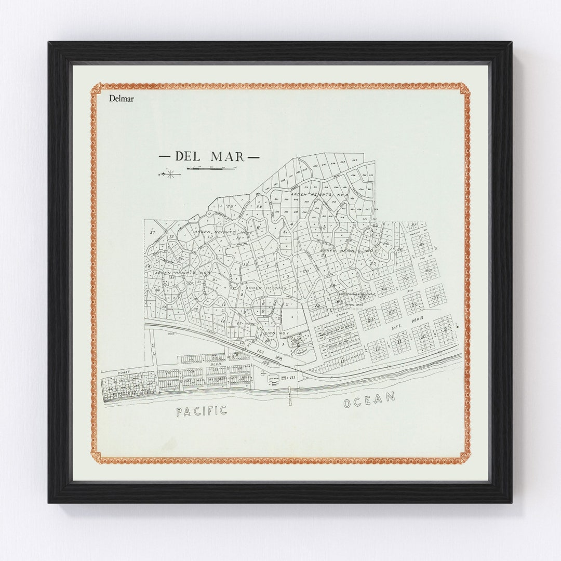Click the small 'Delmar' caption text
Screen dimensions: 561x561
[x=121, y=98]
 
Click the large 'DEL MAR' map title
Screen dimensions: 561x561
[x=209, y=156]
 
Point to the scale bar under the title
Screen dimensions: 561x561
[x=210, y=168]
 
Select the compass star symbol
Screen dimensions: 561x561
[x=170, y=174]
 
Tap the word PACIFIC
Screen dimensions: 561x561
[x=202, y=411]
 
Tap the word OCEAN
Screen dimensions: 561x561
[x=369, y=399]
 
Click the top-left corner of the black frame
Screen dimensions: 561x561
[x=49, y=43]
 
